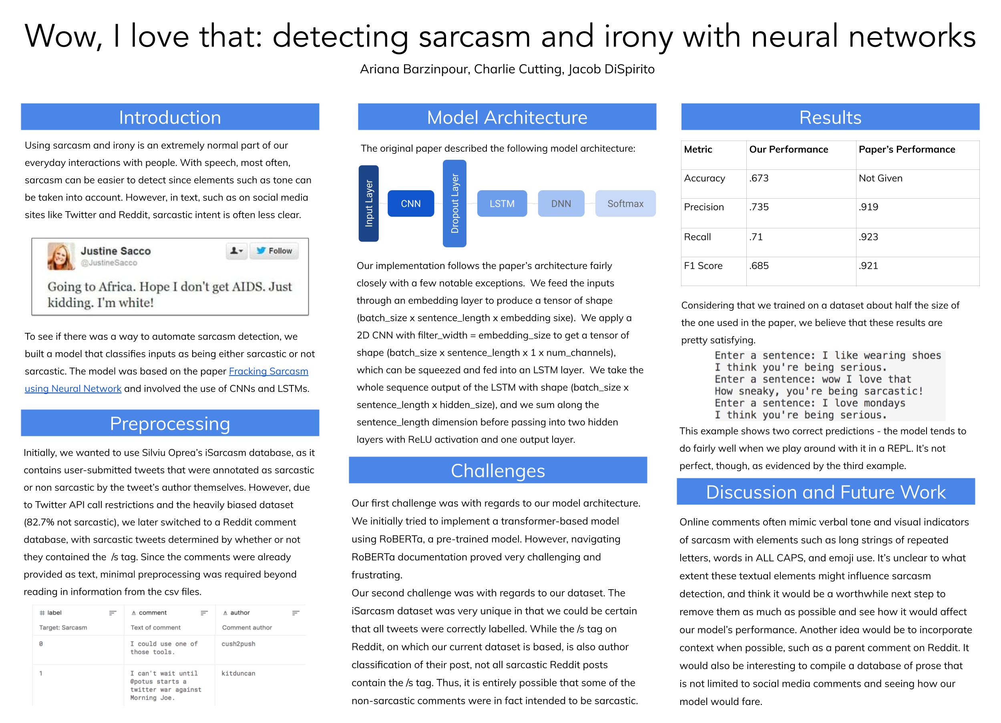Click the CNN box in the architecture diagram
(x=410, y=203)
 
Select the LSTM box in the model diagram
(x=502, y=203)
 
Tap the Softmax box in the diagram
(x=625, y=203)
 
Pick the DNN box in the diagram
(x=561, y=203)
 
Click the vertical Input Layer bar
(x=368, y=203)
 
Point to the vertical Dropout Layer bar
(x=454, y=203)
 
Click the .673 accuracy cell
(x=759, y=178)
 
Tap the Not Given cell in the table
(x=880, y=178)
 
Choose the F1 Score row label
(x=703, y=266)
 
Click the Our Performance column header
(x=788, y=150)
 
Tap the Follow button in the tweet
(x=274, y=251)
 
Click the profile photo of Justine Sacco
(x=61, y=256)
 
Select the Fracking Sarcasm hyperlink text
(x=268, y=371)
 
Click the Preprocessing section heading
(x=170, y=423)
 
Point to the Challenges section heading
(x=498, y=471)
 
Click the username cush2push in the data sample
(x=238, y=644)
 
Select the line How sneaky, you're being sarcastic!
(x=819, y=391)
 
